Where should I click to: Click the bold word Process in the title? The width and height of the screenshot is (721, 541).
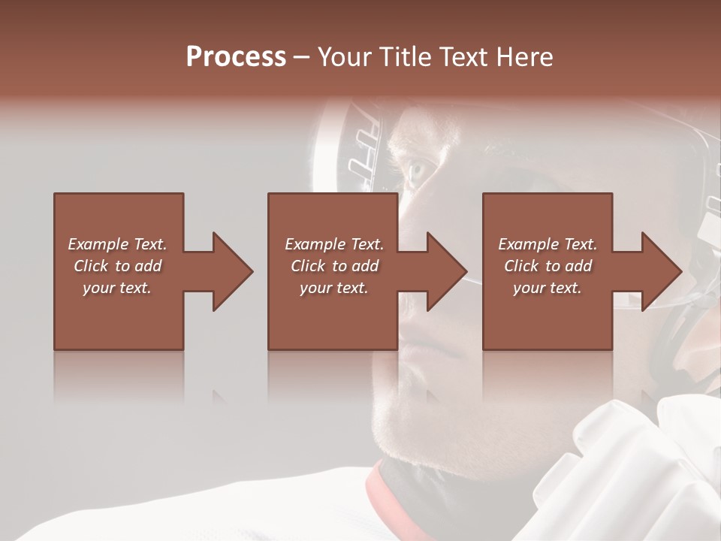[x=236, y=57]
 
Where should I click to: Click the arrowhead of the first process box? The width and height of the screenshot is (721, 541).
[x=229, y=271]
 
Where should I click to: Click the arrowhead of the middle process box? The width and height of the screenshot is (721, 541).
[x=444, y=271]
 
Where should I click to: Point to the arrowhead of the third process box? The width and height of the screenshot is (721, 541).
[x=659, y=271]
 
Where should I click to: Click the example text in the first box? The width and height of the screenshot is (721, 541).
[x=117, y=266]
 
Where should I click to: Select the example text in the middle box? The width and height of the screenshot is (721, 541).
[x=333, y=266]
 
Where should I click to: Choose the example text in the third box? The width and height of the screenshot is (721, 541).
[x=548, y=266]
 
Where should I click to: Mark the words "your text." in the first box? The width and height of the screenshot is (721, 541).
[x=117, y=288]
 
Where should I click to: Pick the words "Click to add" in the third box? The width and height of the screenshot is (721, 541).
[x=548, y=266]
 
